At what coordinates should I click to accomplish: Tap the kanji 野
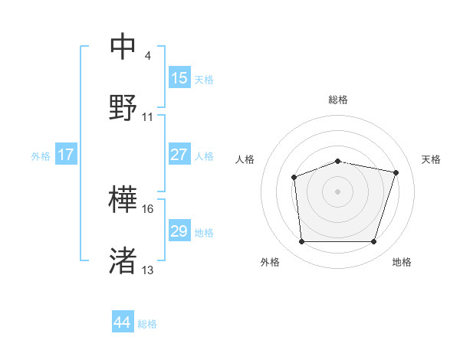point(123,106)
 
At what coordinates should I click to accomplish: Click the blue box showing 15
point(179,78)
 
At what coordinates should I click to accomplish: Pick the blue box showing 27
point(179,155)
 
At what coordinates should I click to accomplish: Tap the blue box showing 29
point(179,231)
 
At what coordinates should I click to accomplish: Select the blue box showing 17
point(66,155)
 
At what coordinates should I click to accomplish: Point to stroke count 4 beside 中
point(147,57)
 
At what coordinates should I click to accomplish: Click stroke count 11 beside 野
point(148,117)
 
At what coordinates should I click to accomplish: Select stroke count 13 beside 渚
point(148,270)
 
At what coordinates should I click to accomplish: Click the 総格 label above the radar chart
point(338,100)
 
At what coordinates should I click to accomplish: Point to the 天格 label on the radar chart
point(431,159)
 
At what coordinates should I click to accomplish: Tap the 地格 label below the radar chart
point(402,262)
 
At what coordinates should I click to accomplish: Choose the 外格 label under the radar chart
point(270,262)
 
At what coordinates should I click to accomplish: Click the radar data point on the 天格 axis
point(396,173)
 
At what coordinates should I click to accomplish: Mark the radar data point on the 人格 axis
point(294,178)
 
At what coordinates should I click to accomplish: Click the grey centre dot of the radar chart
point(337,191)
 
